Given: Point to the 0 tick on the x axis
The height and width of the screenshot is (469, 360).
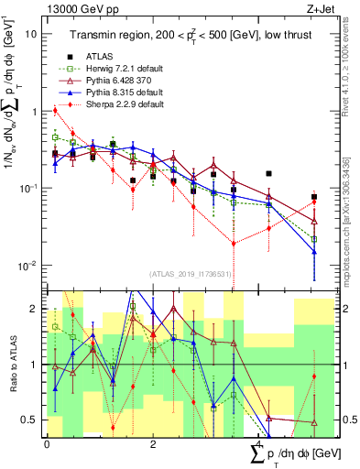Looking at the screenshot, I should (47, 444).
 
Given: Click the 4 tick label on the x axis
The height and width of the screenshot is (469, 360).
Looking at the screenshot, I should (259, 444).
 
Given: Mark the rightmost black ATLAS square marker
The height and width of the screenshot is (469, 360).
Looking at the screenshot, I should (314, 197).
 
